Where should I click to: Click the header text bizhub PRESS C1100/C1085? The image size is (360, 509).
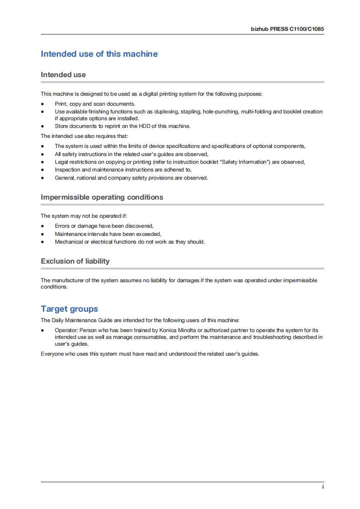[287, 28]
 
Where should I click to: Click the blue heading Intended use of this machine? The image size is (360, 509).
[99, 54]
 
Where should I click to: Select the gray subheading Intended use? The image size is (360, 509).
[63, 75]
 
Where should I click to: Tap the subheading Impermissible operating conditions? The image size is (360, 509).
[102, 197]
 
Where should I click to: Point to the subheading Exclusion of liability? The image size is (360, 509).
[75, 261]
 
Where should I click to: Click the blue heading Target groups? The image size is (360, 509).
[69, 309]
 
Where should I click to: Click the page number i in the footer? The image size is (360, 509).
[323, 486]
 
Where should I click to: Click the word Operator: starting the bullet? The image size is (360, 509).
[66, 330]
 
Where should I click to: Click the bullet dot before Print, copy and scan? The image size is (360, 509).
[43, 104]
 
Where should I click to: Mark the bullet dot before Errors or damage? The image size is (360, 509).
[43, 226]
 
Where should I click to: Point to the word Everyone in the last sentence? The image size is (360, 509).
[53, 353]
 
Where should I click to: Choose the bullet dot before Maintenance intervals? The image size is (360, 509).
[43, 234]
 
